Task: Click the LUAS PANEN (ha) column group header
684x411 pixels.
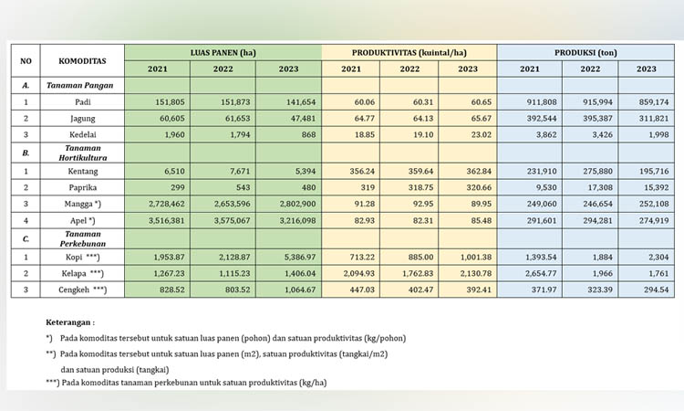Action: pyautogui.click(x=223, y=53)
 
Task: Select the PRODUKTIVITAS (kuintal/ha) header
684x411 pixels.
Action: pyautogui.click(x=409, y=53)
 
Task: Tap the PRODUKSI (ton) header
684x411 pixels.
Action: pyautogui.click(x=586, y=53)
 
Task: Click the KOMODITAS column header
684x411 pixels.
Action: pyautogui.click(x=82, y=61)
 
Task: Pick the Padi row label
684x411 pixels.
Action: pyautogui.click(x=83, y=102)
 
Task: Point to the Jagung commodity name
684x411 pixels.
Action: pyautogui.click(x=82, y=119)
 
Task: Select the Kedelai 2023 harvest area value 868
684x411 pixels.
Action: pyautogui.click(x=308, y=134)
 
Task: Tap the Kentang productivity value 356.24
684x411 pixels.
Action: pyautogui.click(x=362, y=171)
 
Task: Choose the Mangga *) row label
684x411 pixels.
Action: pyautogui.click(x=82, y=204)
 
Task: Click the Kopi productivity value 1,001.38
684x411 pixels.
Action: pyautogui.click(x=476, y=258)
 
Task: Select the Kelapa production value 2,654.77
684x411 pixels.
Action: pyautogui.click(x=541, y=273)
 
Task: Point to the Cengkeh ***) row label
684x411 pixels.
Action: pyautogui.click(x=82, y=290)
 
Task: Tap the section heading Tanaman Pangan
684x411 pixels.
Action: pyautogui.click(x=80, y=86)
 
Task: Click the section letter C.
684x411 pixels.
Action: pyautogui.click(x=26, y=239)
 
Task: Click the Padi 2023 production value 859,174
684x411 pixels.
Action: pyautogui.click(x=654, y=102)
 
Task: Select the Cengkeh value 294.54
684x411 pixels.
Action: pyautogui.click(x=656, y=290)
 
